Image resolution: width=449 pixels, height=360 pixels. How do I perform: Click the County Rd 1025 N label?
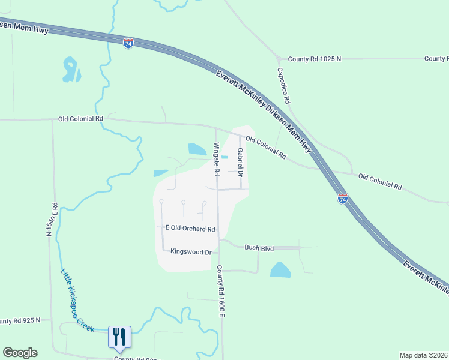point(314,59)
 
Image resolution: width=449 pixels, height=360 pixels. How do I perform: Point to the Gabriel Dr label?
point(240,162)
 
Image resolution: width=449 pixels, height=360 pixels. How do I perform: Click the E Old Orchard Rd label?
point(190,229)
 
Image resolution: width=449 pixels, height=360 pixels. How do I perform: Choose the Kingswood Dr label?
point(191,252)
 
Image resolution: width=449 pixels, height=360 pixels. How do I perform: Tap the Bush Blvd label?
point(259,247)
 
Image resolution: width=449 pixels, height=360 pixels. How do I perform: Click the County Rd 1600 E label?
point(220,292)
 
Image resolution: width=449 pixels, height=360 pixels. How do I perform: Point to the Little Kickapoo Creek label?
point(77,300)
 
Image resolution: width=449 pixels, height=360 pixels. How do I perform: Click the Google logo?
point(20,353)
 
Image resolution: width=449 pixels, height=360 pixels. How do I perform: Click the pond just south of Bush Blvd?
point(280,270)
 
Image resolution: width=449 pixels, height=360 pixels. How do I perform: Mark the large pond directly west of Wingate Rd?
point(197,149)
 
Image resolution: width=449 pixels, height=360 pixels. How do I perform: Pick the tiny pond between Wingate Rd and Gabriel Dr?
point(224,158)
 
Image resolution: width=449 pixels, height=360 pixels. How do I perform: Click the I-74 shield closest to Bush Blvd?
point(342,199)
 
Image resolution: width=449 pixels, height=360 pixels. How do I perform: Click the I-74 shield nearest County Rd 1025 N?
point(128,43)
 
